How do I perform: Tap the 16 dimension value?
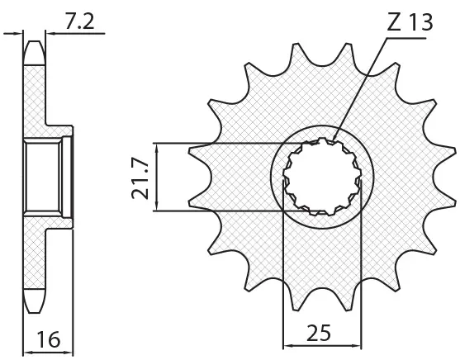pos(49,339)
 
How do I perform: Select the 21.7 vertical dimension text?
pos(140,178)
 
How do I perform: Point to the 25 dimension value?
pos(319,333)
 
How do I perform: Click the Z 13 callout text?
pos(410,22)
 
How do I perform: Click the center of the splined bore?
pos(322,177)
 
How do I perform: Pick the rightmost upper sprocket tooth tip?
pos(454,151)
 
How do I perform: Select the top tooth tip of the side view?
pos(35,42)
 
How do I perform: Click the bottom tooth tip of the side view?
pos(35,312)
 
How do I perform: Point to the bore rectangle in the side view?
pos(44,177)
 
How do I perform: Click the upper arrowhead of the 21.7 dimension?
pos(157,148)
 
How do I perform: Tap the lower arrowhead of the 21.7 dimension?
pos(157,206)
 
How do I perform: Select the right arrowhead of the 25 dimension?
pos(357,345)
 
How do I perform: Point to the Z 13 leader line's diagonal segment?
pos(361,89)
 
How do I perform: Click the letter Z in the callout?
pos(394,22)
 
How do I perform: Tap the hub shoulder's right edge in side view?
pos(73,177)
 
